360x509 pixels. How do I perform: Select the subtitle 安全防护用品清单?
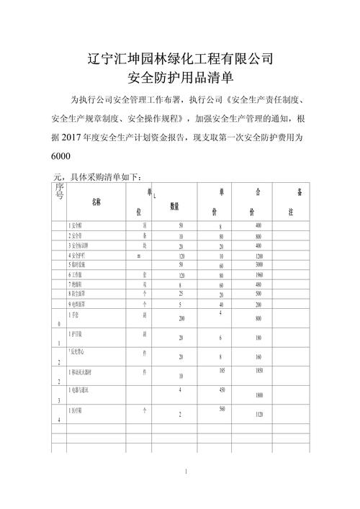click(179, 76)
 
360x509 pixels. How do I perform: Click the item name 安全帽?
click(78, 226)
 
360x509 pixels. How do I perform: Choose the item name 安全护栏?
click(81, 256)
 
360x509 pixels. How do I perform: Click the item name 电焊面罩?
click(81, 304)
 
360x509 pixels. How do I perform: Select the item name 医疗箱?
click(80, 411)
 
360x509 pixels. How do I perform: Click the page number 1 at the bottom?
click(185, 472)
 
